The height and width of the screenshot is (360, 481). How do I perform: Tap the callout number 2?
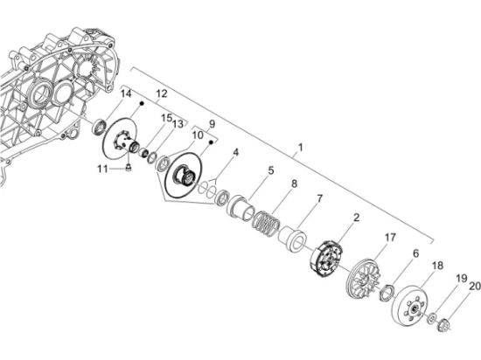[357, 218]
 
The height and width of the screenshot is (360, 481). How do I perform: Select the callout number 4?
[234, 153]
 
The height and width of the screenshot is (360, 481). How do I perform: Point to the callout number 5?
[270, 171]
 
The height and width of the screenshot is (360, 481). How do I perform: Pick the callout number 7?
[319, 198]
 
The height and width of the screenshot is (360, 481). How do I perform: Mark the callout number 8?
[294, 183]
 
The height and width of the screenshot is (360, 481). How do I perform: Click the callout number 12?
[162, 93]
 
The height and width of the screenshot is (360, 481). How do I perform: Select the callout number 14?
[125, 93]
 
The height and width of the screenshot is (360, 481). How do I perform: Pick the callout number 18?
[438, 266]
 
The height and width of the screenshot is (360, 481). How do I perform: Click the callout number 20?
[475, 287]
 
